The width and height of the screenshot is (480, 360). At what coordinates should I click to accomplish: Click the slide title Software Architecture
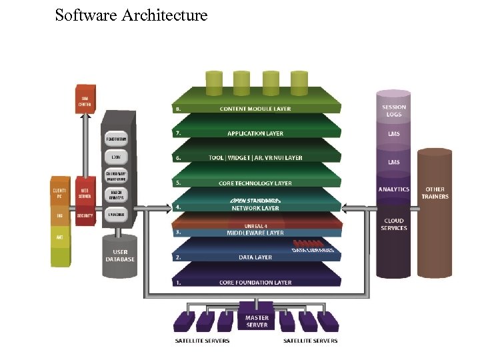(x=131, y=15)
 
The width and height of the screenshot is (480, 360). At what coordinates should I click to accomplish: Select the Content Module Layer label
(x=255, y=109)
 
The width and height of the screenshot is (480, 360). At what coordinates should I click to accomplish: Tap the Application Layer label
(x=255, y=133)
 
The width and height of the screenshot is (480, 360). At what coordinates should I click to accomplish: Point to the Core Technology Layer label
(x=255, y=183)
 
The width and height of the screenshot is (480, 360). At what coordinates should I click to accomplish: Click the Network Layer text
(x=255, y=208)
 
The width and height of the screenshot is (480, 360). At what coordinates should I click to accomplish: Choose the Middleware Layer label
(x=255, y=233)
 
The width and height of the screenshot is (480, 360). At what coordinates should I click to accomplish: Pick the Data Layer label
(x=255, y=257)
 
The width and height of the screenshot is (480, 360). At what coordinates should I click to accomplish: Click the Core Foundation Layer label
(x=255, y=283)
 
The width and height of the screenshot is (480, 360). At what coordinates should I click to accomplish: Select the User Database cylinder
(x=120, y=256)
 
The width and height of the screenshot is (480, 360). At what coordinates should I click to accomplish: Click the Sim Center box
(x=85, y=101)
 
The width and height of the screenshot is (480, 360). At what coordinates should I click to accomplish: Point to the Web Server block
(x=85, y=193)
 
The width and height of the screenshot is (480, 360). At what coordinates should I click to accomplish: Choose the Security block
(x=85, y=216)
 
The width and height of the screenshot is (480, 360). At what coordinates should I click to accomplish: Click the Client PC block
(x=60, y=193)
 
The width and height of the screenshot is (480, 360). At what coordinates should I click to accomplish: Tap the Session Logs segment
(x=394, y=111)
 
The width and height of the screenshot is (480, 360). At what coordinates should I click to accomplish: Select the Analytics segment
(x=394, y=190)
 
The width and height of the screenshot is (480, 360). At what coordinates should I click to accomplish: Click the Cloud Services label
(x=394, y=225)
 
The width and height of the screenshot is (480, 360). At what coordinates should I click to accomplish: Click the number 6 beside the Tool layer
(x=178, y=158)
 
